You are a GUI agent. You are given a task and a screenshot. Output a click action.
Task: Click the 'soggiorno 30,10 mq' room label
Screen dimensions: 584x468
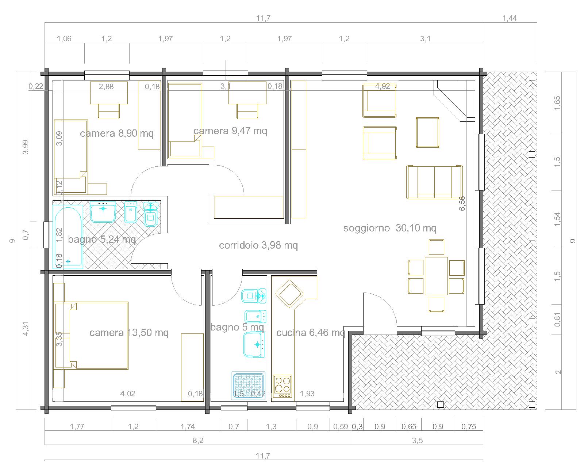pos(390,228)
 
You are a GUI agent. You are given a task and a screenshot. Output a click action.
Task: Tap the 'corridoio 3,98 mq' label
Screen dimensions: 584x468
pos(258,245)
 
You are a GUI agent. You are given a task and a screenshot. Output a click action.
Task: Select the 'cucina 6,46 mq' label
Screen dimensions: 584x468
pos(311,333)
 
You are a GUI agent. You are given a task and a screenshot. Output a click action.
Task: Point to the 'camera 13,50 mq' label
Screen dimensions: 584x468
pos(129,333)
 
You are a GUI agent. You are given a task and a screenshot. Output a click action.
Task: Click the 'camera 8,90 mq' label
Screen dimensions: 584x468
pos(117,133)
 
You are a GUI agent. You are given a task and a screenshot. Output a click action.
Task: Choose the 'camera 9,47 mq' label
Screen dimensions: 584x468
pos(230,131)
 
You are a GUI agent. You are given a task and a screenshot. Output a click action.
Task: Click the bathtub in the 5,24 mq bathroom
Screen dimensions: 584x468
pos(68,237)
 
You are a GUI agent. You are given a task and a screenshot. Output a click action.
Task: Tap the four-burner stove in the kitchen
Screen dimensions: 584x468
pos(282,386)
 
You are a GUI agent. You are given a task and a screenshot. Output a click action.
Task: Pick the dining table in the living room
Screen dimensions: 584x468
pos(436,276)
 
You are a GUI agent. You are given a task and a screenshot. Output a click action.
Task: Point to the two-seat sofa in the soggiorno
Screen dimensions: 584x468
pos(434,182)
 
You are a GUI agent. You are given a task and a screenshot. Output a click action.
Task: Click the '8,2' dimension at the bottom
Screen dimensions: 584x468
pos(198,441)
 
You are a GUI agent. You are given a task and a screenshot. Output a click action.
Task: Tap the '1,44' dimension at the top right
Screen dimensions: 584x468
pos(510,18)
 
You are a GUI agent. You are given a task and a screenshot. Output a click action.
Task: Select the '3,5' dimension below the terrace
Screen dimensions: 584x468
pos(417,441)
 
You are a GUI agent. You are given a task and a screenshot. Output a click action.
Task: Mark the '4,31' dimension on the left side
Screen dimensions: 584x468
pos(26,328)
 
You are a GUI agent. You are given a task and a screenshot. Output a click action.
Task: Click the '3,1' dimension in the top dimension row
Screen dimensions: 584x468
pos(425,39)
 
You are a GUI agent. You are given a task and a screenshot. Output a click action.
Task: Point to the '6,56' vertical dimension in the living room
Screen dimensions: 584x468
pos(462,203)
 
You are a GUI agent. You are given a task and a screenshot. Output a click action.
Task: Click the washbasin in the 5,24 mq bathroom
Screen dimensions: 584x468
pos(103,212)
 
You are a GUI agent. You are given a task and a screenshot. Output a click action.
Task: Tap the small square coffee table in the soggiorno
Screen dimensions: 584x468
pos(428,132)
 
